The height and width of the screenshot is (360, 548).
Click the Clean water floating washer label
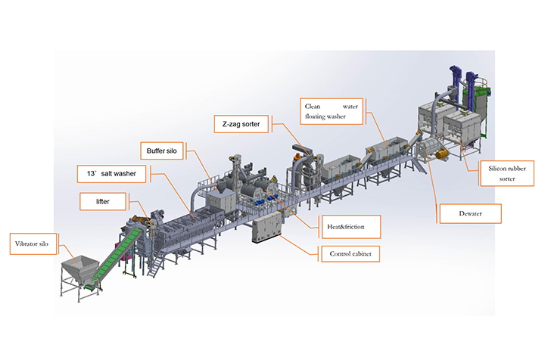(x=331, y=110)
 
